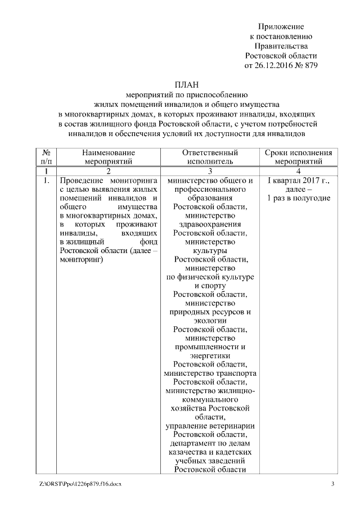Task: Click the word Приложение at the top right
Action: coord(281,26)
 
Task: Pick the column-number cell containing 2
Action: coord(109,170)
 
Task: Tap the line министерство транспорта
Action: coord(210,373)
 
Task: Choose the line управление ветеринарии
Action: coord(210,426)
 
